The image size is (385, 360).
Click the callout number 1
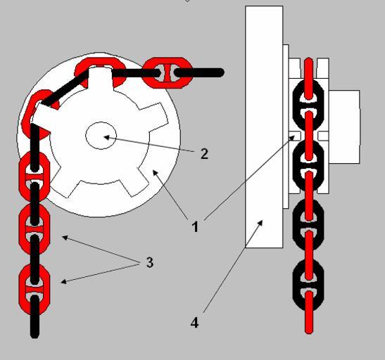tap(195, 226)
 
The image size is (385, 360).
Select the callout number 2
tap(204, 154)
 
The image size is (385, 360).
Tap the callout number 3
tap(149, 262)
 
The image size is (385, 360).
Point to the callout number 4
tap(194, 323)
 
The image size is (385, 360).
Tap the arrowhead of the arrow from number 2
tap(106, 137)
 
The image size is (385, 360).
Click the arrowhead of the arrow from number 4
tap(260, 223)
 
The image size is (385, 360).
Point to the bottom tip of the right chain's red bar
tap(309, 332)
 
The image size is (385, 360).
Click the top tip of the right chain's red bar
tap(309, 60)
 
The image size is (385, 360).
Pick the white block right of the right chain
tap(344, 127)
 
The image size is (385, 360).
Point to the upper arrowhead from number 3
tap(64, 238)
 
